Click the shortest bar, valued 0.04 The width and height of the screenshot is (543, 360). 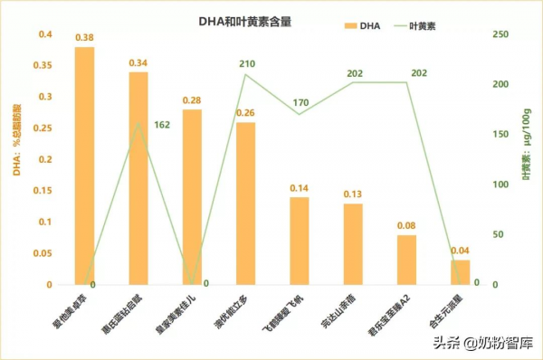click(461, 272)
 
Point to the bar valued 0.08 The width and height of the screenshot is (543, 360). click(407, 260)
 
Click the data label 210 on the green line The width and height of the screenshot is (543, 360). click(245, 64)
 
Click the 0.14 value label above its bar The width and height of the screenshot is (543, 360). click(300, 187)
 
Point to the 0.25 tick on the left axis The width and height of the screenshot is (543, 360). click(43, 128)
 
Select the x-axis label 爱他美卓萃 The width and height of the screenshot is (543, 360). click(72, 312)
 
